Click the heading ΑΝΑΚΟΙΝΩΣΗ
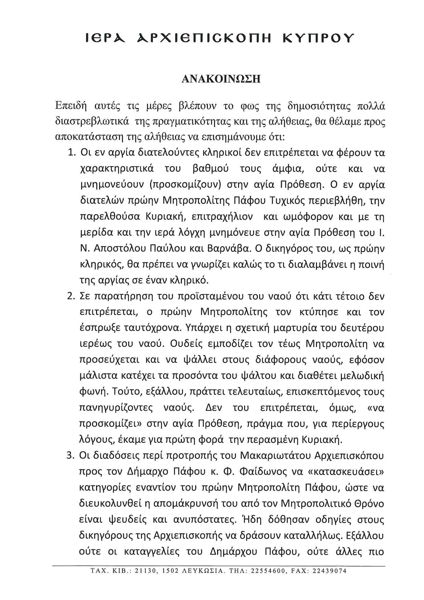[x=221, y=79]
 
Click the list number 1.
[x=71, y=153]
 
